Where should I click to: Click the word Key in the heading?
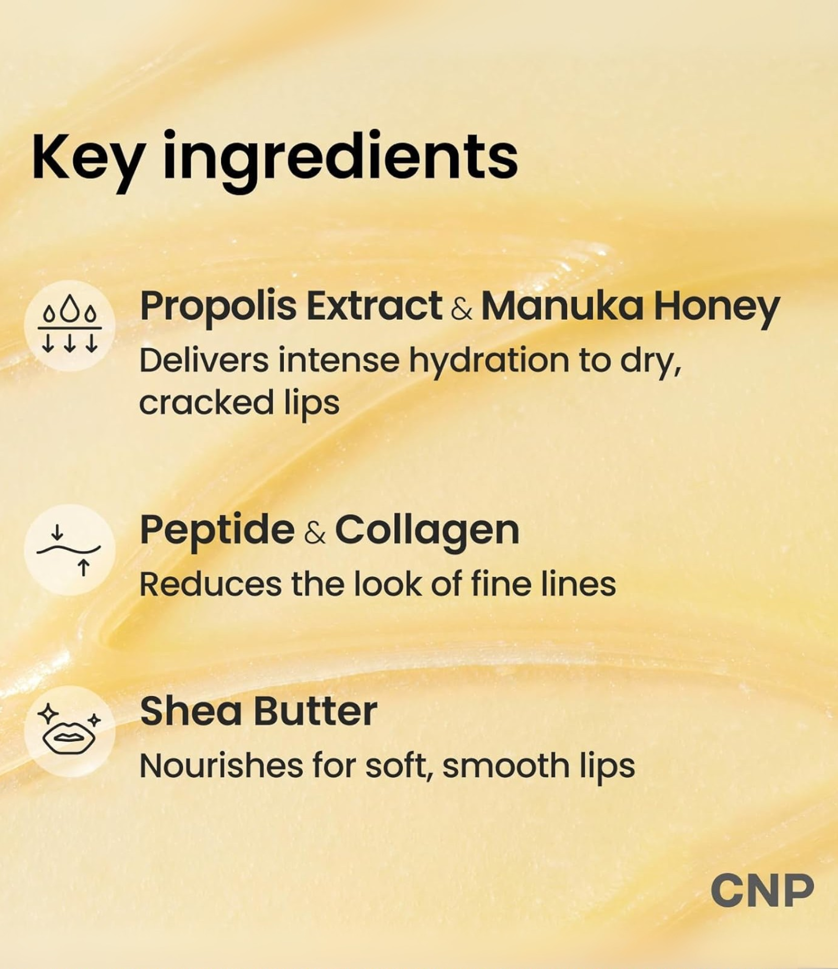(x=86, y=157)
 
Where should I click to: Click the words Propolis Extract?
(x=291, y=306)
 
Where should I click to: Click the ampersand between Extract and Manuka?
(x=461, y=309)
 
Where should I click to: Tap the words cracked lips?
(x=239, y=403)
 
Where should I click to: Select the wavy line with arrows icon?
(x=70, y=549)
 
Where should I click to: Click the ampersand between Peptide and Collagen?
(x=315, y=533)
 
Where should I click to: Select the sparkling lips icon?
(x=70, y=731)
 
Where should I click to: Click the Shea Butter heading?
(x=259, y=711)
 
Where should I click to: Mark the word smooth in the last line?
(x=506, y=766)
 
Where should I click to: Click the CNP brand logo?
(x=762, y=890)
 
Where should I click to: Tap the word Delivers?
(x=204, y=361)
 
